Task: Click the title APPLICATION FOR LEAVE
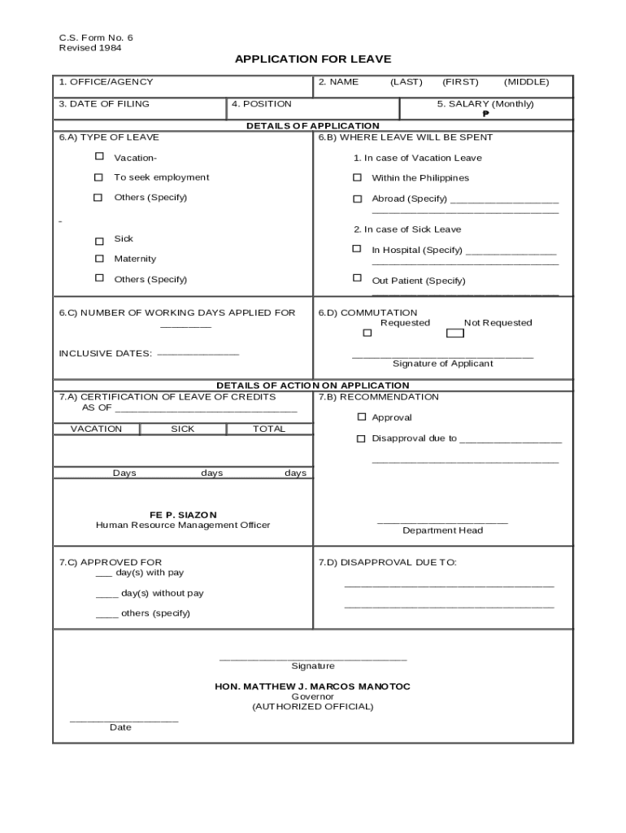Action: pyautogui.click(x=313, y=59)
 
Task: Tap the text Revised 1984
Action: pyautogui.click(x=90, y=48)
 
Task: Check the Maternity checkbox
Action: pyautogui.click(x=99, y=259)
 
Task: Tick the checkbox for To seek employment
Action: pyautogui.click(x=99, y=177)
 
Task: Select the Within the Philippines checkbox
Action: pyautogui.click(x=357, y=177)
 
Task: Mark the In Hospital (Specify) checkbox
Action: pyautogui.click(x=357, y=249)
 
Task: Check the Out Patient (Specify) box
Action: pyautogui.click(x=357, y=278)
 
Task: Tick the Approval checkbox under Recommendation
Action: pyautogui.click(x=362, y=416)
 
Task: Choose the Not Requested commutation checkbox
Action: pyautogui.click(x=455, y=333)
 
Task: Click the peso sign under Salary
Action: pyautogui.click(x=485, y=114)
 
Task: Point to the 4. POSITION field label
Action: pyautogui.click(x=261, y=104)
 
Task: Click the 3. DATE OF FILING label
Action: pyautogui.click(x=104, y=104)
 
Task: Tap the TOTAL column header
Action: pyautogui.click(x=269, y=429)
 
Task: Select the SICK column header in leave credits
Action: pyautogui.click(x=183, y=429)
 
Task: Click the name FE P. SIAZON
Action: pyautogui.click(x=183, y=515)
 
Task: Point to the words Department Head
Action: pyautogui.click(x=442, y=530)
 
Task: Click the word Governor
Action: pyautogui.click(x=313, y=696)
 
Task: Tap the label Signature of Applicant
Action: pyautogui.click(x=442, y=364)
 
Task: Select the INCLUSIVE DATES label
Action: pyautogui.click(x=105, y=354)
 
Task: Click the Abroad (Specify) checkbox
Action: pyautogui.click(x=357, y=198)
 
